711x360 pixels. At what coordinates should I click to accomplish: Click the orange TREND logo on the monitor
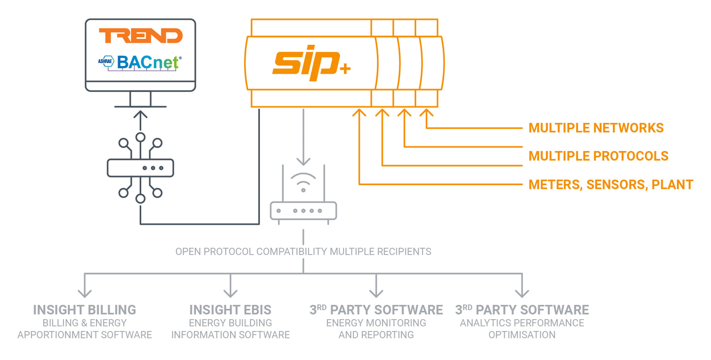pyautogui.click(x=140, y=36)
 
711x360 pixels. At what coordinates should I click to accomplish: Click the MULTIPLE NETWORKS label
pyautogui.click(x=596, y=128)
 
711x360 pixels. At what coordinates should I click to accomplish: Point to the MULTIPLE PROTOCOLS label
pyautogui.click(x=598, y=156)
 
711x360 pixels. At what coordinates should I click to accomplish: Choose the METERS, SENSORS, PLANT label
pyautogui.click(x=611, y=185)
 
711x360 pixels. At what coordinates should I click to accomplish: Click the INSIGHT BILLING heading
pyautogui.click(x=85, y=310)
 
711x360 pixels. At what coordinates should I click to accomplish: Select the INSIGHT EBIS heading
pyautogui.click(x=230, y=310)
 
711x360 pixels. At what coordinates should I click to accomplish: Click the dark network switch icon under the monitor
pyautogui.click(x=140, y=168)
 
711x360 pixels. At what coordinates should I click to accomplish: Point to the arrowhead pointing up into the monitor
pyautogui.click(x=141, y=115)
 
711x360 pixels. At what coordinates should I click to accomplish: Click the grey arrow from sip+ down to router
pyautogui.click(x=303, y=138)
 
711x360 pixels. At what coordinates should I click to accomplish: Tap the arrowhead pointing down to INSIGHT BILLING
pyautogui.click(x=85, y=293)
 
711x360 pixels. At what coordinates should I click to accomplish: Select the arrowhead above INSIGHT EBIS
pyautogui.click(x=230, y=293)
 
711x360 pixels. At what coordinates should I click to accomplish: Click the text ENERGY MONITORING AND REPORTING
pyautogui.click(x=376, y=329)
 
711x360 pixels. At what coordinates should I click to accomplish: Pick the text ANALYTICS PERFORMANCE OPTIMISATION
pyautogui.click(x=522, y=329)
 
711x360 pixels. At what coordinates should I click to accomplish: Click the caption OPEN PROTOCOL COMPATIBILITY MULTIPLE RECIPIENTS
pyautogui.click(x=303, y=252)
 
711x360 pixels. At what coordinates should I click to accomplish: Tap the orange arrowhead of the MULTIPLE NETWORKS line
pyautogui.click(x=426, y=113)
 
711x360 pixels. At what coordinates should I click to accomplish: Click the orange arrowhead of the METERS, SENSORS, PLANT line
pyautogui.click(x=360, y=113)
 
